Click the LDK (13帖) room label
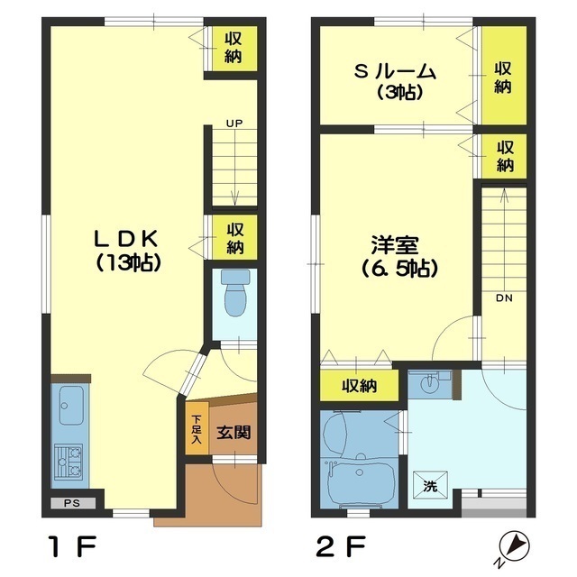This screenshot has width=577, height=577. click(x=127, y=250)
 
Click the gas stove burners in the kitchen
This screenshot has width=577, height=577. click(x=69, y=463)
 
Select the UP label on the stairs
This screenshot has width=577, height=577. click(x=234, y=123)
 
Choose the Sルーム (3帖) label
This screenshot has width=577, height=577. click(x=394, y=80)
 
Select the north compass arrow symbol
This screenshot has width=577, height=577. click(x=517, y=544)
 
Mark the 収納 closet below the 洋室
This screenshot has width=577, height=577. click(x=358, y=387)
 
